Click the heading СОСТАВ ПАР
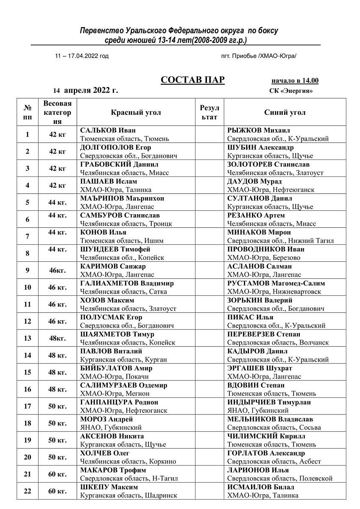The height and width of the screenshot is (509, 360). coord(193,81)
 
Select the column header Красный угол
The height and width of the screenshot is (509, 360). coord(136,113)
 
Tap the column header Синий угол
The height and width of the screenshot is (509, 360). coord(285,113)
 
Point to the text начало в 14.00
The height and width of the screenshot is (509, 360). coord(295,81)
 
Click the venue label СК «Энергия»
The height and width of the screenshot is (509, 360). coord(291,91)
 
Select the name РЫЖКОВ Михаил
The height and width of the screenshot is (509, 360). coord(259,130)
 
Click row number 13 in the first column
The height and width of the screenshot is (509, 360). coord(28,338)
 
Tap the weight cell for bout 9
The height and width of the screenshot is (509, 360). coord(57,270)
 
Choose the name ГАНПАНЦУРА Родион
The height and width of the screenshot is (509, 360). coord(119,402)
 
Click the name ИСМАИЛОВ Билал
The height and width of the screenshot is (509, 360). coord(261,487)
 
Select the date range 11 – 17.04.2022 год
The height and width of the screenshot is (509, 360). coord(82,56)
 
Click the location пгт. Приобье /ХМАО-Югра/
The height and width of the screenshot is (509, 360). coord(259,56)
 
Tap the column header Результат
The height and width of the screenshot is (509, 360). coord(209,113)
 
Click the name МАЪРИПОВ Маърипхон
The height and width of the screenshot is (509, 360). coord(122,198)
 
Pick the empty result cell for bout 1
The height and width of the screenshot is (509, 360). coord(209,134)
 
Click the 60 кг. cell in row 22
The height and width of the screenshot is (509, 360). coord(57,491)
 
